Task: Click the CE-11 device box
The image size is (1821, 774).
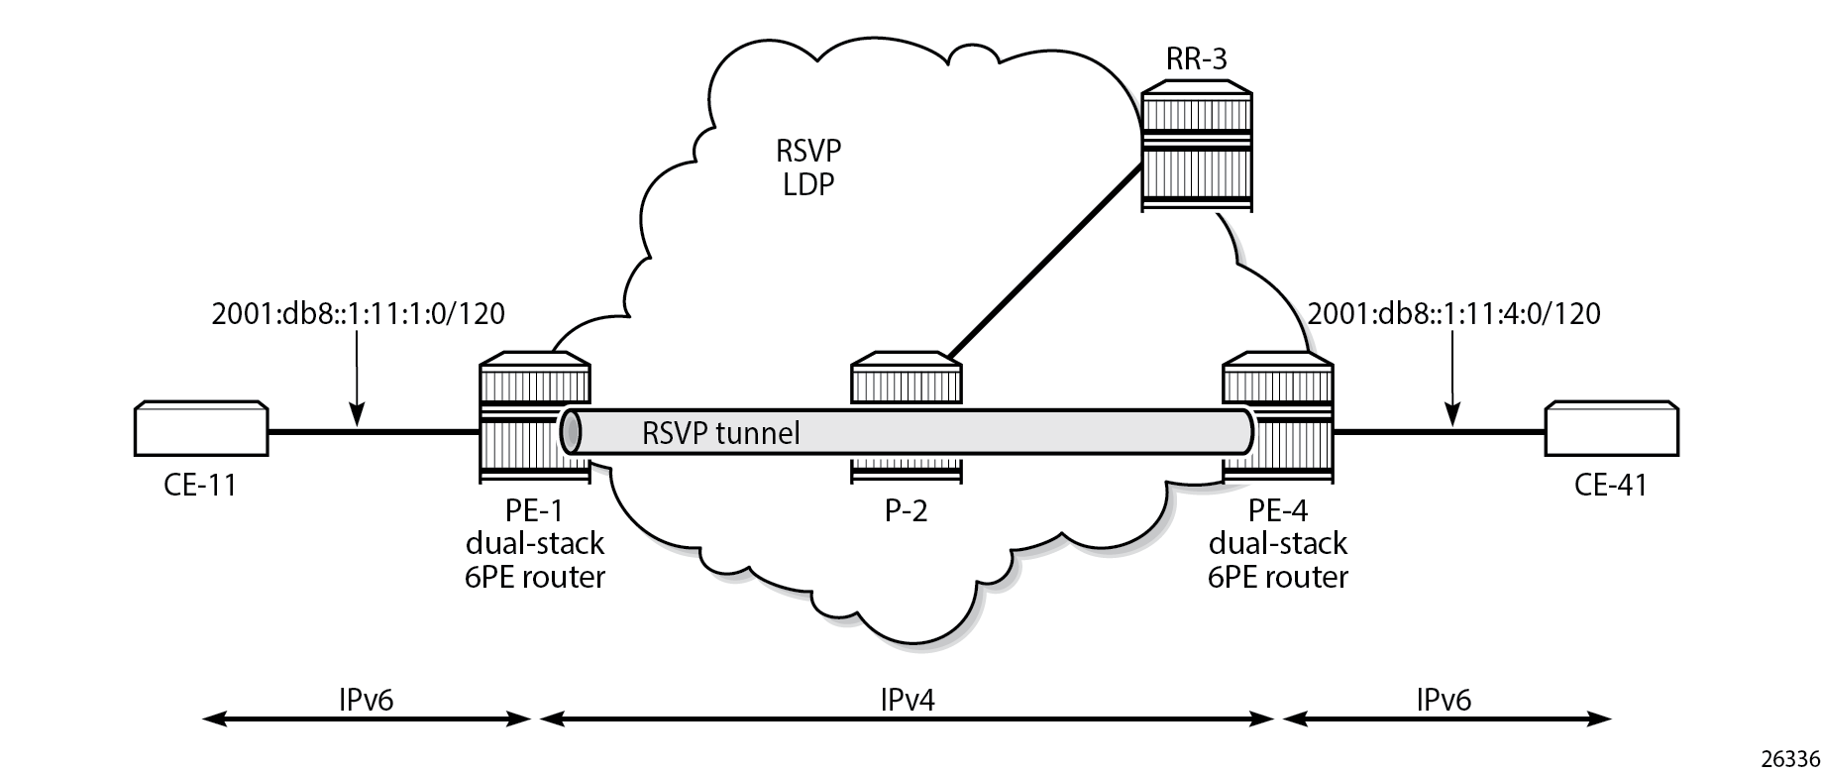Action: pos(201,429)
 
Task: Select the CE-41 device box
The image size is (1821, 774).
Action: pos(1611,429)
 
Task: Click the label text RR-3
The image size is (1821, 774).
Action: pos(1197,59)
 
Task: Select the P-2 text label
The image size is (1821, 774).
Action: pos(906,511)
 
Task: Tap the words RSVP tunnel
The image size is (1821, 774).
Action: pos(720,434)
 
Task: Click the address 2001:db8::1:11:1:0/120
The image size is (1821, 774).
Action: pos(359,314)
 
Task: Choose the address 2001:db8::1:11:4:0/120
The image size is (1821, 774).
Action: pos(1453,314)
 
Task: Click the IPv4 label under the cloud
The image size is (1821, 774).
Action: pos(906,700)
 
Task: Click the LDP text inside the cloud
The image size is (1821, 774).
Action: pos(808,183)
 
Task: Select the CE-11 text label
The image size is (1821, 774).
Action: pos(201,486)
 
